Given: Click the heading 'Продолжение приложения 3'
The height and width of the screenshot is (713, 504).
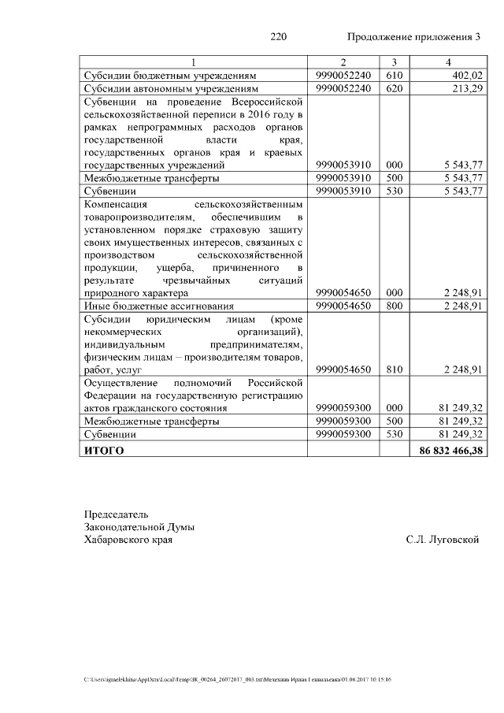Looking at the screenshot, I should pyautogui.click(x=413, y=37).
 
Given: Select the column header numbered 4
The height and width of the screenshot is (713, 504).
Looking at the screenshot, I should pyautogui.click(x=448, y=62).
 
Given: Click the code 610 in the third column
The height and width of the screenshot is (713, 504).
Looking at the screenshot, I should pyautogui.click(x=395, y=75).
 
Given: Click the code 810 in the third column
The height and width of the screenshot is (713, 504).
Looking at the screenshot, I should pyautogui.click(x=395, y=370).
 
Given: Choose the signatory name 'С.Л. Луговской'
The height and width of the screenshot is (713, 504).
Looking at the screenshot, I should pyautogui.click(x=443, y=540).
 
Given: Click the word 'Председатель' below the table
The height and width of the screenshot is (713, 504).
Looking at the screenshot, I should pyautogui.click(x=116, y=514).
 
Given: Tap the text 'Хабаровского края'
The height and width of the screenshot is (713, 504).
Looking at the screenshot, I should pyautogui.click(x=128, y=540).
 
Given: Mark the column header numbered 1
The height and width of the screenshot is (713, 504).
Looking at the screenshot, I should pyautogui.click(x=194, y=62).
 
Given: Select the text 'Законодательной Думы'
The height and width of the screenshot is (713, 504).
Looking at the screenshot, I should pyautogui.click(x=139, y=526).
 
